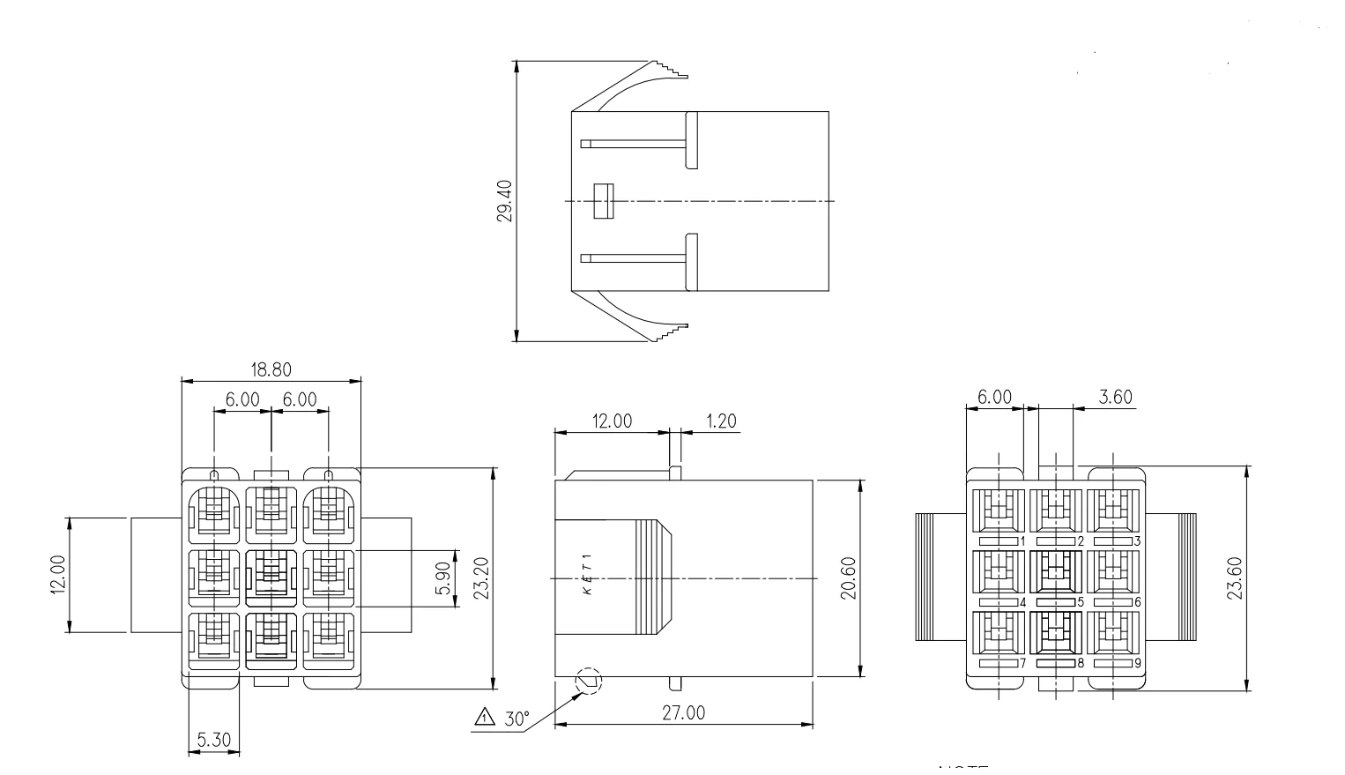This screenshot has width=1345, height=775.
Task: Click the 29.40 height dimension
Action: pyautogui.click(x=505, y=201)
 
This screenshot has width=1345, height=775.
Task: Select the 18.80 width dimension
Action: pyautogui.click(x=271, y=369)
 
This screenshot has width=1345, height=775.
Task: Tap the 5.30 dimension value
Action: pyautogui.click(x=212, y=741)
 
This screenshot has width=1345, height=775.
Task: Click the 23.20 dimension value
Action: pyautogui.click(x=479, y=578)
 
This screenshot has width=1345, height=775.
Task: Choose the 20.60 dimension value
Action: pyautogui.click(x=848, y=578)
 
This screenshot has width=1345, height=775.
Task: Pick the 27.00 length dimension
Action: pyautogui.click(x=683, y=713)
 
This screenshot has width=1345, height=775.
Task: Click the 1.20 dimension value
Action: pyautogui.click(x=721, y=421)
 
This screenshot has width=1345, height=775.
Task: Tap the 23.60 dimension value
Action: pyautogui.click(x=1234, y=578)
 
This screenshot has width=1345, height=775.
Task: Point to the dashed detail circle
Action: pyautogui.click(x=589, y=682)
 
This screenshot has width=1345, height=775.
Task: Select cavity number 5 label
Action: pyautogui.click(x=1080, y=602)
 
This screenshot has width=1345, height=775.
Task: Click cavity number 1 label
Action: pyautogui.click(x=1022, y=540)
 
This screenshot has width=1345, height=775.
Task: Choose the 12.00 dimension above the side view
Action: pyautogui.click(x=611, y=421)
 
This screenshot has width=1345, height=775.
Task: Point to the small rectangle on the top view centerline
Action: pyautogui.click(x=603, y=201)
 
